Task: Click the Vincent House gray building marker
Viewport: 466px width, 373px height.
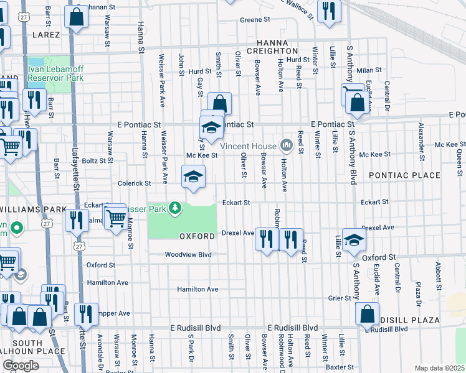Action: tap(287, 145)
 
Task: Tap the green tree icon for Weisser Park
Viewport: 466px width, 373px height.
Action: tap(176, 208)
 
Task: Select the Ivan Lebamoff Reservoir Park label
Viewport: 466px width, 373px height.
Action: tap(55, 73)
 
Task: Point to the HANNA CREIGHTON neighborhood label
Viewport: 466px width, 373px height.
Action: tap(272, 45)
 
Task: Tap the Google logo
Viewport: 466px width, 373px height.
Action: tap(21, 366)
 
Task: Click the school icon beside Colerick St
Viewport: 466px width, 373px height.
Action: tap(193, 177)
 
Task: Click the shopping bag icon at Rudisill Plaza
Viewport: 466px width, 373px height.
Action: tap(367, 314)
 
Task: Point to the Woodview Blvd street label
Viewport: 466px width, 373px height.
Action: tap(188, 255)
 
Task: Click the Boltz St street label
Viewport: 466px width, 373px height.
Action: tap(95, 160)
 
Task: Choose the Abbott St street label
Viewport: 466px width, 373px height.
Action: tap(439, 272)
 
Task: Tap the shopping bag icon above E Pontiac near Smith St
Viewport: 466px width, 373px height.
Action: tap(219, 104)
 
